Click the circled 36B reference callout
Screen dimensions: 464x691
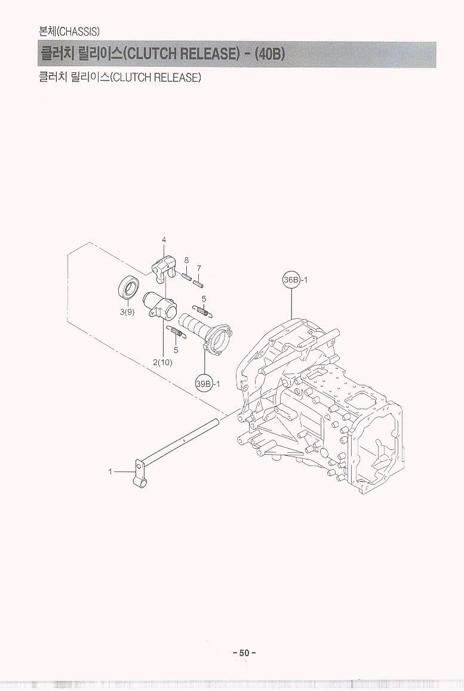click(x=291, y=280)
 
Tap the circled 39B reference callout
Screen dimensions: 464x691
click(x=204, y=384)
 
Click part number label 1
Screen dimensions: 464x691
click(x=110, y=471)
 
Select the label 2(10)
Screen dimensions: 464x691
click(x=163, y=363)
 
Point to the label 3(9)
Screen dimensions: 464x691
click(x=127, y=312)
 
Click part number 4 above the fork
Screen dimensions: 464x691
click(x=164, y=240)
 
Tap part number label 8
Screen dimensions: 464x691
click(x=186, y=260)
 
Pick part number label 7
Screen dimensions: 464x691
click(x=199, y=268)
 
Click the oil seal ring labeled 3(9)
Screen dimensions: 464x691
click(x=129, y=287)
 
